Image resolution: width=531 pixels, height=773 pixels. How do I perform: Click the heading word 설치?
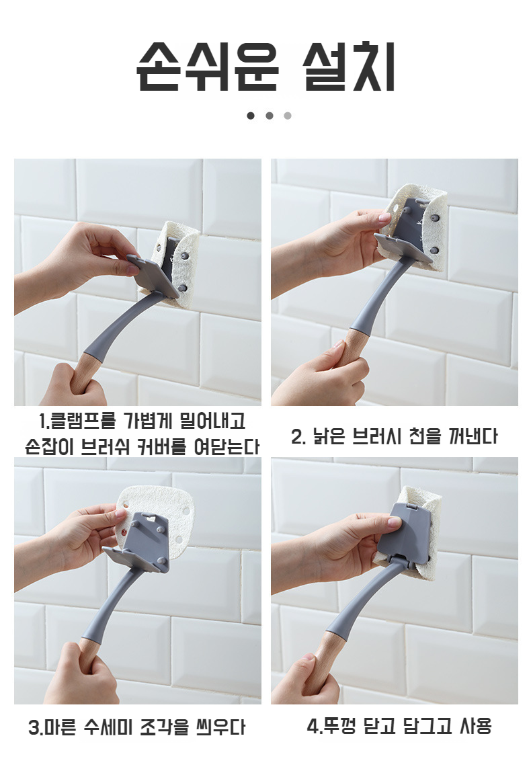349,67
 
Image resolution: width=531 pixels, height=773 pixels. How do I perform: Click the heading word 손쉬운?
208,67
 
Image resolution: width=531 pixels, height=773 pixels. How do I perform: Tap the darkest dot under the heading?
251,116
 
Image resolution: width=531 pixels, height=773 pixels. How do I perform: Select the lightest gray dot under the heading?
288,116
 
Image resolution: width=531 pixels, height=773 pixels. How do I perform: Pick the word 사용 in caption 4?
476,726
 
